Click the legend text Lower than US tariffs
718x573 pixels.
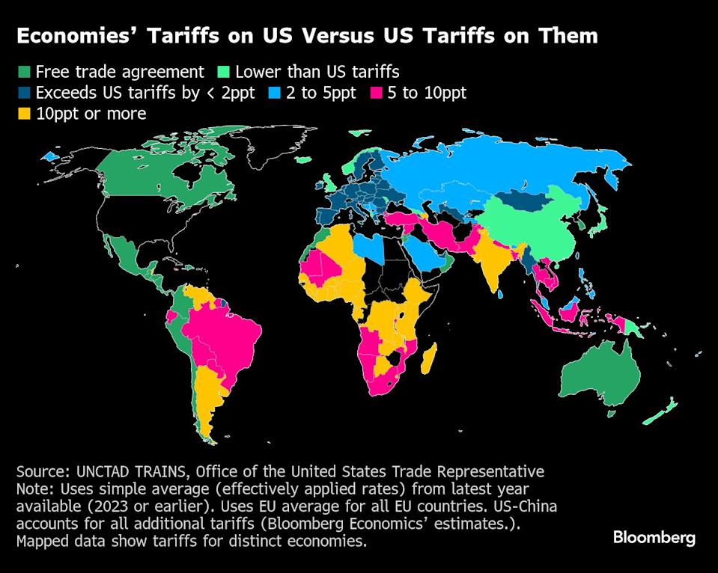[x=317, y=73]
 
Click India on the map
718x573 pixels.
[x=490, y=262]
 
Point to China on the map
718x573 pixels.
[x=532, y=224]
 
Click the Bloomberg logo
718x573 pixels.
[x=654, y=537]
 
